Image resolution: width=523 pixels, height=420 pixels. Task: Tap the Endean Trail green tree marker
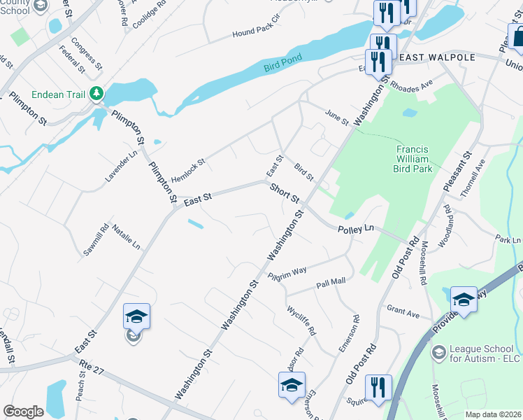click(97, 94)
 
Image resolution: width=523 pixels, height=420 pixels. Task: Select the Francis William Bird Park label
click(422, 159)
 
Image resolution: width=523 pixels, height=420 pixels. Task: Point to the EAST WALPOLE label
click(436, 57)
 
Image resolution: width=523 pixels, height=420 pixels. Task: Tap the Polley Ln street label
click(356, 229)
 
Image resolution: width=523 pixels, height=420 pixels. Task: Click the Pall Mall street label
click(331, 282)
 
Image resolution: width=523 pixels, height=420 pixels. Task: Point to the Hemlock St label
click(188, 168)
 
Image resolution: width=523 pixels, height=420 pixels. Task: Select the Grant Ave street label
click(403, 311)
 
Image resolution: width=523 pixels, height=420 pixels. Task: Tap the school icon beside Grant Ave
click(464, 300)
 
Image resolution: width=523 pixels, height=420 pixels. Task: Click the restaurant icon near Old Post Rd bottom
click(378, 387)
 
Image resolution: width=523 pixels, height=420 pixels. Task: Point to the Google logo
click(23, 412)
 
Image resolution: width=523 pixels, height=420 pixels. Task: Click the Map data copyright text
click(494, 414)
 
